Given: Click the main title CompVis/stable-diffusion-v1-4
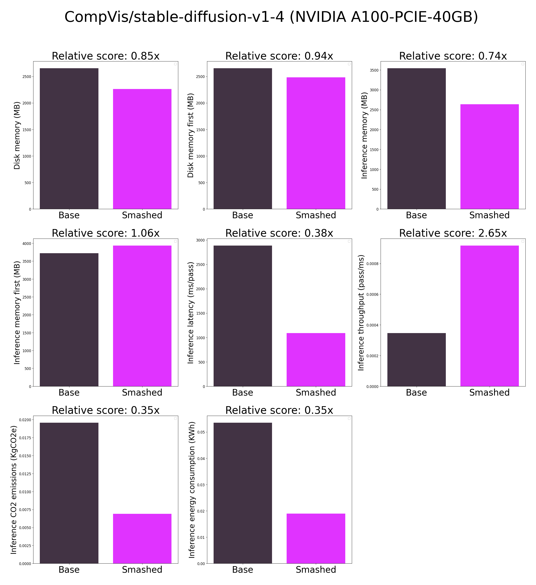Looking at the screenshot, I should pyautogui.click(x=271, y=17).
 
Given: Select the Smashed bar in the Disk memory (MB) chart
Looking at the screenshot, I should pyautogui.click(x=142, y=149).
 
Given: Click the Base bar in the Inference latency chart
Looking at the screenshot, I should pyautogui.click(x=243, y=316).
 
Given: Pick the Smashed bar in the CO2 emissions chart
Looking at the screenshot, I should pyautogui.click(x=142, y=539).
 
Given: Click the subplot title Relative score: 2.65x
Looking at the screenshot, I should pyautogui.click(x=453, y=233).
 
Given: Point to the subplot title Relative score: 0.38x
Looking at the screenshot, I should pyautogui.click(x=279, y=233).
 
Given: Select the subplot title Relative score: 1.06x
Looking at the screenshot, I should pyautogui.click(x=106, y=233).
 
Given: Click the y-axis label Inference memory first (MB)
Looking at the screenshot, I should pyautogui.click(x=17, y=313).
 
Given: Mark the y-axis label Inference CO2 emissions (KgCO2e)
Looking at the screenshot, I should pyautogui.click(x=14, y=490).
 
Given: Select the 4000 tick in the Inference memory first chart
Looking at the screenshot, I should pyautogui.click(x=27, y=244).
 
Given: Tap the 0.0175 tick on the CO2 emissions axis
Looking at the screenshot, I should pyautogui.click(x=24, y=438).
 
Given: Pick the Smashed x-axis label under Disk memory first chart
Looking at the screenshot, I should pyautogui.click(x=316, y=215).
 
